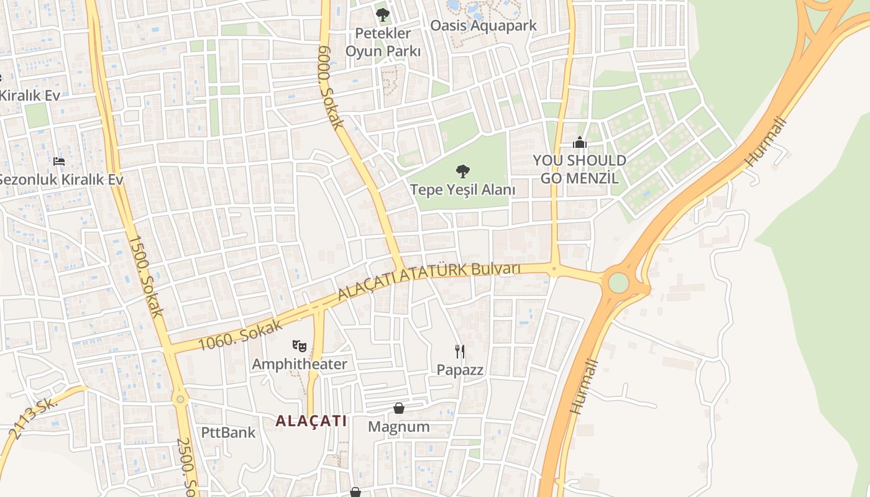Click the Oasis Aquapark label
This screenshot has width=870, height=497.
tap(483, 26)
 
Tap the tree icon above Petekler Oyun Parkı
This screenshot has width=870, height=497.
tap(383, 14)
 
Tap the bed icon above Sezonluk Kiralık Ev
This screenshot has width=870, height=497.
tap(59, 162)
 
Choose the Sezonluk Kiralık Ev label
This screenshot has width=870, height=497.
tap(60, 180)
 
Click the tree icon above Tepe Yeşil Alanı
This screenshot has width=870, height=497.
tap(462, 171)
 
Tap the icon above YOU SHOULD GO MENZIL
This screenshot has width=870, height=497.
tap(580, 142)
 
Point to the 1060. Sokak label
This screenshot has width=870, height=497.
tap(240, 335)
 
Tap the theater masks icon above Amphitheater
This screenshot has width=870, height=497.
tap(299, 345)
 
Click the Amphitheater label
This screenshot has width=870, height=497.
tap(300, 364)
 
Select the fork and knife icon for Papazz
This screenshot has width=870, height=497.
tap(460, 352)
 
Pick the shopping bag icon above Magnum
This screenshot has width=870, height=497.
tap(399, 408)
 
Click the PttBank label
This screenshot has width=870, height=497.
tap(228, 432)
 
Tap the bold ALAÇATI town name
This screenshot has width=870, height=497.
tap(311, 421)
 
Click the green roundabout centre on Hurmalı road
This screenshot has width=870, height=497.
tap(618, 283)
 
